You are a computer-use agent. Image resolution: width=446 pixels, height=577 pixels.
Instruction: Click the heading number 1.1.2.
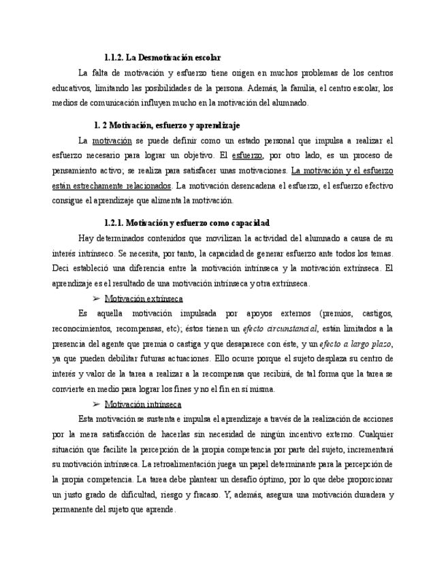[x=114, y=58]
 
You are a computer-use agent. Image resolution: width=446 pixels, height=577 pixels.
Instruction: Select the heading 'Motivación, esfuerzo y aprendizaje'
[x=174, y=125]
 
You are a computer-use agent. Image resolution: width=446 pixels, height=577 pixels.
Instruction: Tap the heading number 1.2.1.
[x=114, y=223]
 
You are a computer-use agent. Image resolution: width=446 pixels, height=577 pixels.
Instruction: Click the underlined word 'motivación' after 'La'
[x=112, y=141]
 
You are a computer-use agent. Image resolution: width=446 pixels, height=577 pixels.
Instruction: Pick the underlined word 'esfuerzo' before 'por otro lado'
[x=247, y=156]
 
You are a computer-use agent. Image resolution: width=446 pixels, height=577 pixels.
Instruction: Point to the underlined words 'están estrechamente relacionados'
[x=112, y=185]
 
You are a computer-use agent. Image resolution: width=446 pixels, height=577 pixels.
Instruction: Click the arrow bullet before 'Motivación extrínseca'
[x=96, y=298]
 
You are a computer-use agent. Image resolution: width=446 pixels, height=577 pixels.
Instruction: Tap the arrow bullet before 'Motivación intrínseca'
[x=96, y=404]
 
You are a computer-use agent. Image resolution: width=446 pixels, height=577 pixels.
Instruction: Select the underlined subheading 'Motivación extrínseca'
[x=143, y=299]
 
